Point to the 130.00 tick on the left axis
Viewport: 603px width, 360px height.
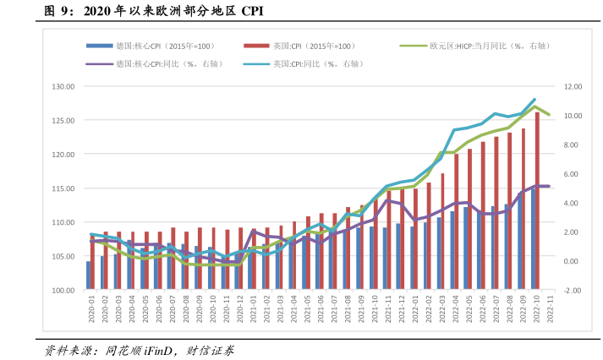coord(63,86)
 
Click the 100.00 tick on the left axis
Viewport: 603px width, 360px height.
coord(63,291)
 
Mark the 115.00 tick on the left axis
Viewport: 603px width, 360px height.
coord(63,188)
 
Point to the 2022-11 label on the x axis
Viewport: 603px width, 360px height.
coord(550,310)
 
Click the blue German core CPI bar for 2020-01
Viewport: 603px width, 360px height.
coord(89,275)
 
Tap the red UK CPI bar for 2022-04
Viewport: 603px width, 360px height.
coord(456,222)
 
